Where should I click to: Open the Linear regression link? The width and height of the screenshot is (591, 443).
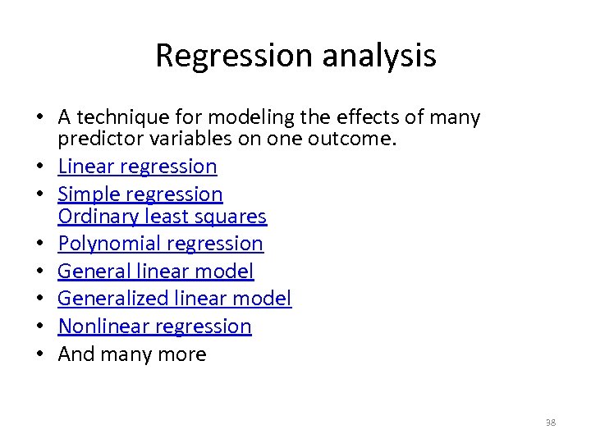[137, 167]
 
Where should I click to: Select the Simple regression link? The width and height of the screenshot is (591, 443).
[140, 194]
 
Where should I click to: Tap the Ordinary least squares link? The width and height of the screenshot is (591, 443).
[162, 217]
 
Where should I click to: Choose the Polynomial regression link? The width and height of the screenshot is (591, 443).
[161, 244]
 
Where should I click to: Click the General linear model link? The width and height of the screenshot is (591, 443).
[156, 271]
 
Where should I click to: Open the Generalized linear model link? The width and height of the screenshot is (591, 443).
[175, 299]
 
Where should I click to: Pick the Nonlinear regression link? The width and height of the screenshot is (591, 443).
[155, 327]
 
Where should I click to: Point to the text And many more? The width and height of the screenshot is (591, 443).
[132, 354]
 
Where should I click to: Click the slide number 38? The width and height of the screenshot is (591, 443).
[550, 422]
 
